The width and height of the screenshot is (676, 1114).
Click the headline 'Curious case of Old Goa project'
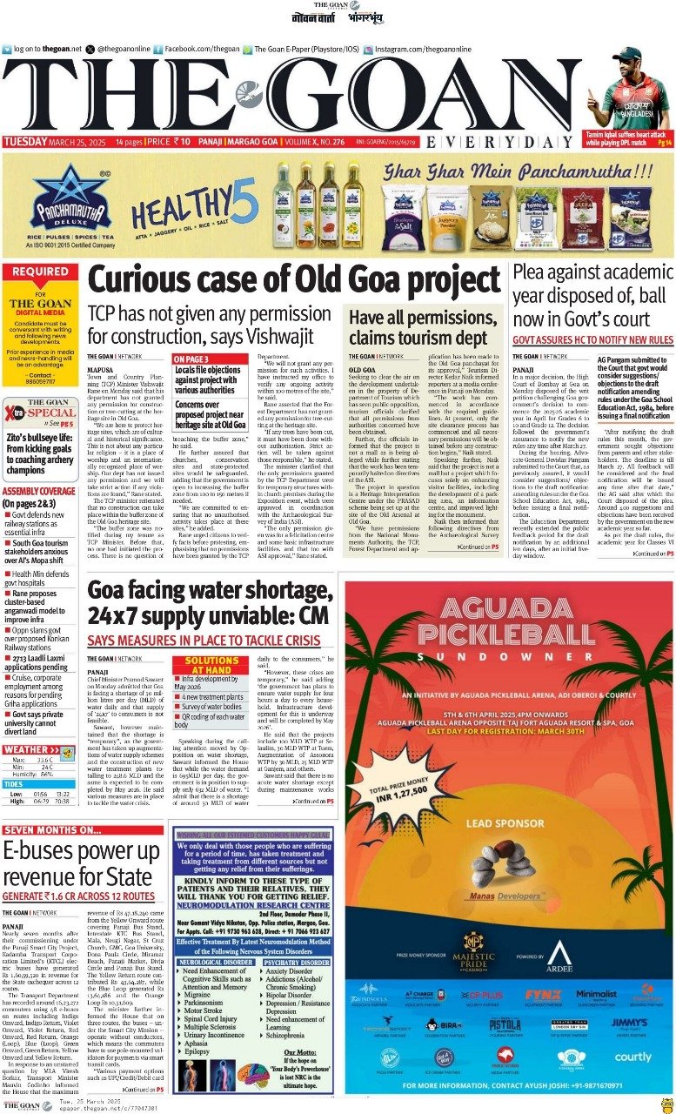293,281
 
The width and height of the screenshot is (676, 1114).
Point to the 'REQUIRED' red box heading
41,272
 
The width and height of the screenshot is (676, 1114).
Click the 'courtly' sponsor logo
632,1057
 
